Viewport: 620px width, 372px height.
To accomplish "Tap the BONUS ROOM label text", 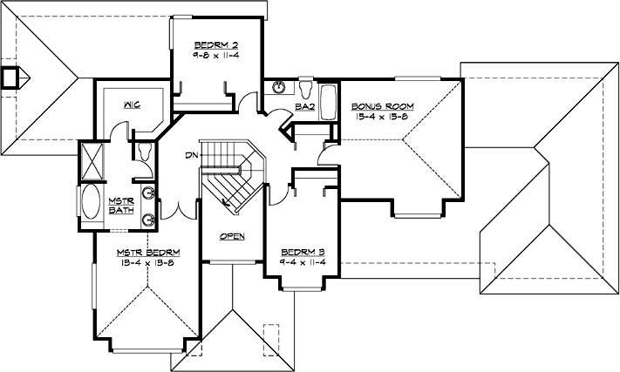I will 384,106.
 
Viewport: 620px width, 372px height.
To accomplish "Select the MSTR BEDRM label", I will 147,252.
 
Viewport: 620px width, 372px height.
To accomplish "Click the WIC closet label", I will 133,105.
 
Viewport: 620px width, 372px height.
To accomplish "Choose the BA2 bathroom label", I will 304,106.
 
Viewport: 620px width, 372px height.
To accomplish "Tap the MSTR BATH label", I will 119,206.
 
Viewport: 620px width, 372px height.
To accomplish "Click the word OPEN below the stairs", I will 232,236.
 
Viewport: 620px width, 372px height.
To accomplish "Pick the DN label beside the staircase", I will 190,156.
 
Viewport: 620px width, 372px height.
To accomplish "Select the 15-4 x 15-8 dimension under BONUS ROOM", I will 384,117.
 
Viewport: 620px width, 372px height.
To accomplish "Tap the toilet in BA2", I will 306,89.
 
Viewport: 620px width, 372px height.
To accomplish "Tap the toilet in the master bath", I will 145,151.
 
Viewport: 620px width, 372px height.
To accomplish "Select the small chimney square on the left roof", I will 10,77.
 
